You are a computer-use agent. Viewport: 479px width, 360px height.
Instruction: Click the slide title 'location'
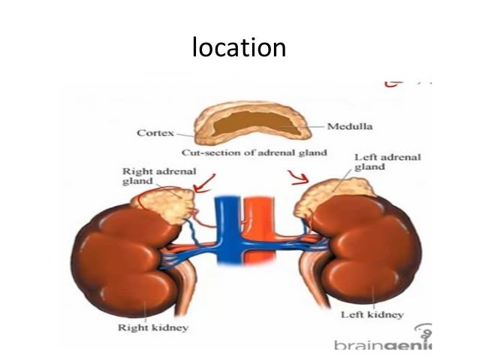pos(239,48)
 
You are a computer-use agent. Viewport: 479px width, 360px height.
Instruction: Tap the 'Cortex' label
pos(155,134)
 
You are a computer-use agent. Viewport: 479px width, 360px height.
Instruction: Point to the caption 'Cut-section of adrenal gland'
pos(254,153)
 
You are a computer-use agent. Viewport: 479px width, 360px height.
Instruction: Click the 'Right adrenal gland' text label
pos(149,176)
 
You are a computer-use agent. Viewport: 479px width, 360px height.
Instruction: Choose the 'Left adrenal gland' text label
pos(387,162)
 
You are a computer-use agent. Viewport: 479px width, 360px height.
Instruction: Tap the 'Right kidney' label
pos(152,327)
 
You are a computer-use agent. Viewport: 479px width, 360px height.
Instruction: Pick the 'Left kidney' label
pos(372,314)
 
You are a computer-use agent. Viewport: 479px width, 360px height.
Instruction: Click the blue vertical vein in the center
pos(224,233)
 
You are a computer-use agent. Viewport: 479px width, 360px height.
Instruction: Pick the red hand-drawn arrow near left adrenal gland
pos(297,177)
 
